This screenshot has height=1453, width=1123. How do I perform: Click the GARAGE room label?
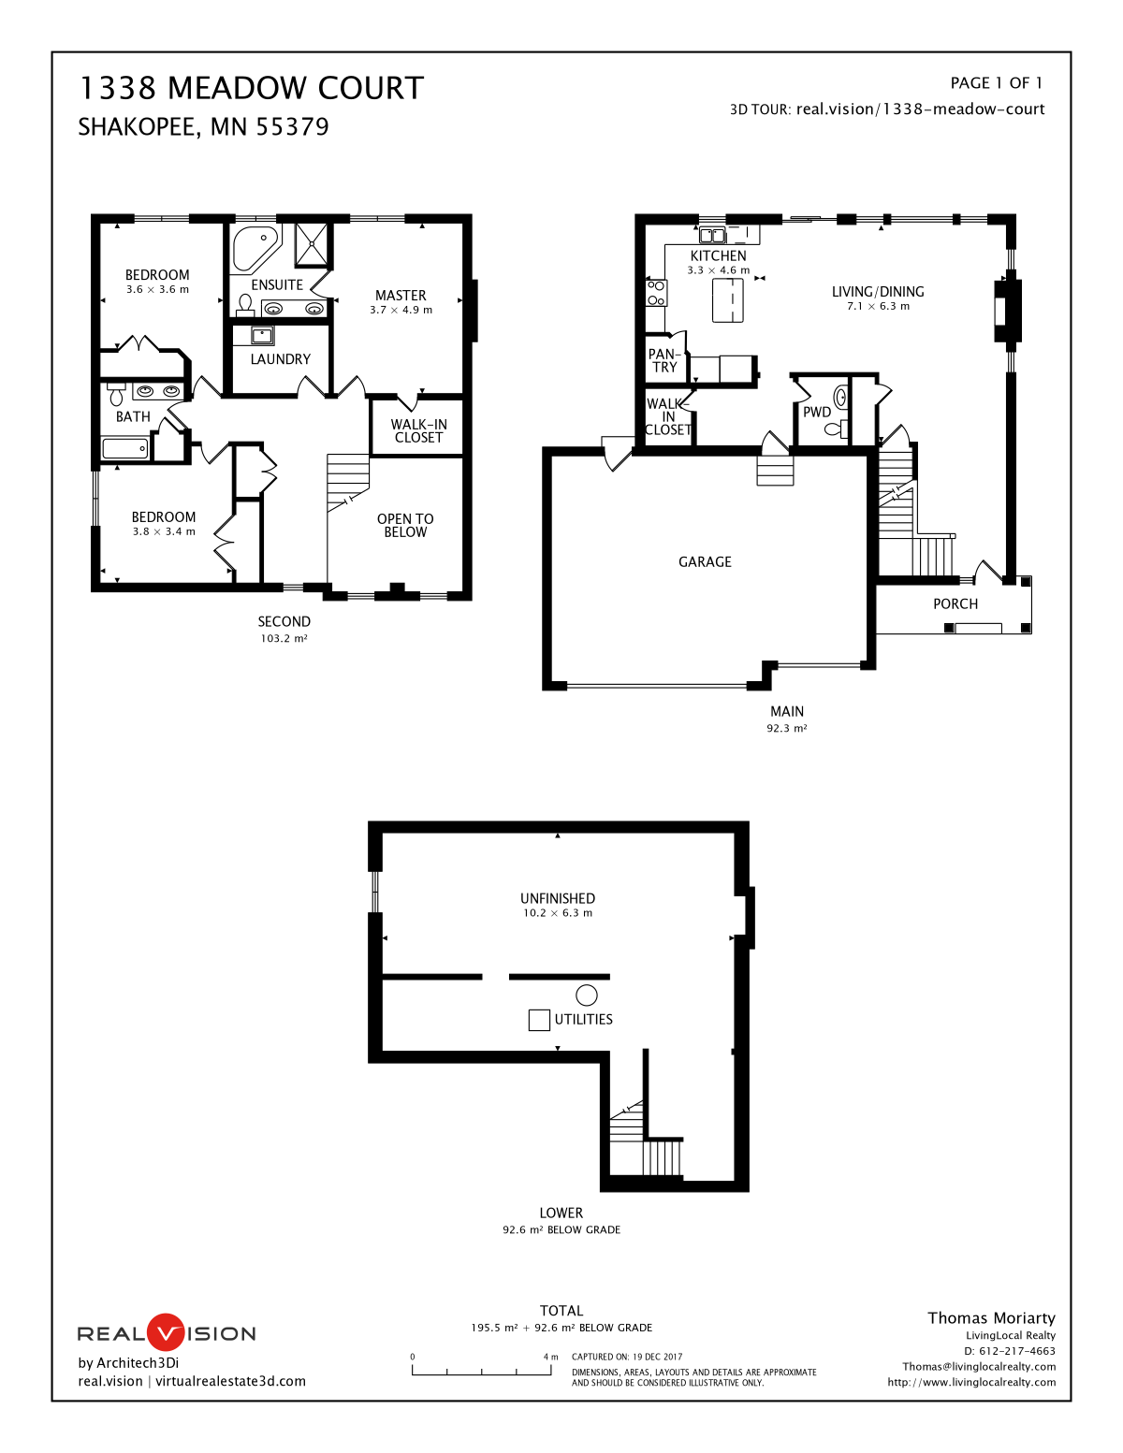(705, 561)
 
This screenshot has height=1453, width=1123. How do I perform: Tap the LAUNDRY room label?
(280, 359)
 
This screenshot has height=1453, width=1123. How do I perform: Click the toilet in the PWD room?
(833, 429)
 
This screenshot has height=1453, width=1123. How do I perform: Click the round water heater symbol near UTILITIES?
(587, 995)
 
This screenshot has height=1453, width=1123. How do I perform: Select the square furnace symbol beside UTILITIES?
(539, 1020)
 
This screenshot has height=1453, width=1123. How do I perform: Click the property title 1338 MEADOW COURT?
(251, 88)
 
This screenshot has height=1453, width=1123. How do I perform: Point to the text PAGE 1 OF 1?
(996, 83)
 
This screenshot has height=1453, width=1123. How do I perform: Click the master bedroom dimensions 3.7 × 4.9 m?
(401, 310)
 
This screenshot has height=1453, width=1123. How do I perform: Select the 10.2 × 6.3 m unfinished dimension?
(558, 913)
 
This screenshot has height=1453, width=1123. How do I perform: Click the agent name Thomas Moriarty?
(991, 1317)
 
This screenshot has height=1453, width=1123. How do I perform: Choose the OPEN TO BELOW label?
(405, 525)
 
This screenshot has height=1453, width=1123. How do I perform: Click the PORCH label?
(955, 604)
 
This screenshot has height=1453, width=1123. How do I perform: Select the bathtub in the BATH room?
(125, 449)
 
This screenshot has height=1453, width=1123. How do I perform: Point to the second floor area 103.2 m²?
(284, 638)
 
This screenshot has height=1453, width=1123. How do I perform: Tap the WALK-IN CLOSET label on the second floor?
(418, 430)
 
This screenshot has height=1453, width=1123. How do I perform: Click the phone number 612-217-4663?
(1016, 1351)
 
